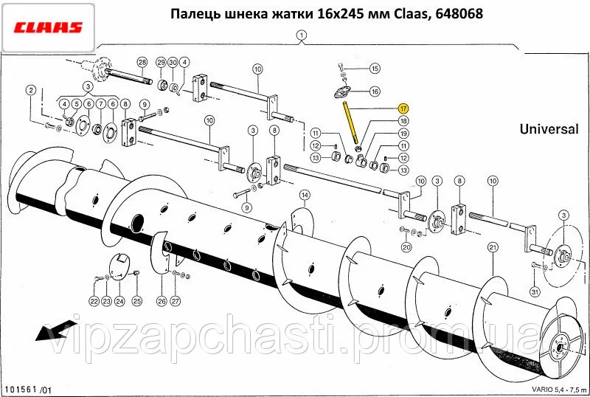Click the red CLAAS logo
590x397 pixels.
point(48,27)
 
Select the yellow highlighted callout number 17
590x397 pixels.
point(403,109)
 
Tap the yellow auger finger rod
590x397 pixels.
point(350,122)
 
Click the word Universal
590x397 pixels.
point(549,129)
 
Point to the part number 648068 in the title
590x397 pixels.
point(459,13)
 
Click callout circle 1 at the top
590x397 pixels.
point(302,35)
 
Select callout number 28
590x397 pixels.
point(142,62)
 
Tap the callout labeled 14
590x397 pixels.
point(305,195)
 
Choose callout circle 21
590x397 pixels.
point(493,247)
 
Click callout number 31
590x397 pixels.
point(535,292)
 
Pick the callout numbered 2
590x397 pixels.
point(31,90)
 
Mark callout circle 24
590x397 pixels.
point(119,301)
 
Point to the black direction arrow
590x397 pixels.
point(51,331)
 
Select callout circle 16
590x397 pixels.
point(375,92)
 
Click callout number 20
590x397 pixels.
point(406,247)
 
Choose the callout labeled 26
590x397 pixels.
point(162,301)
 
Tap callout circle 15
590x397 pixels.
point(375,69)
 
